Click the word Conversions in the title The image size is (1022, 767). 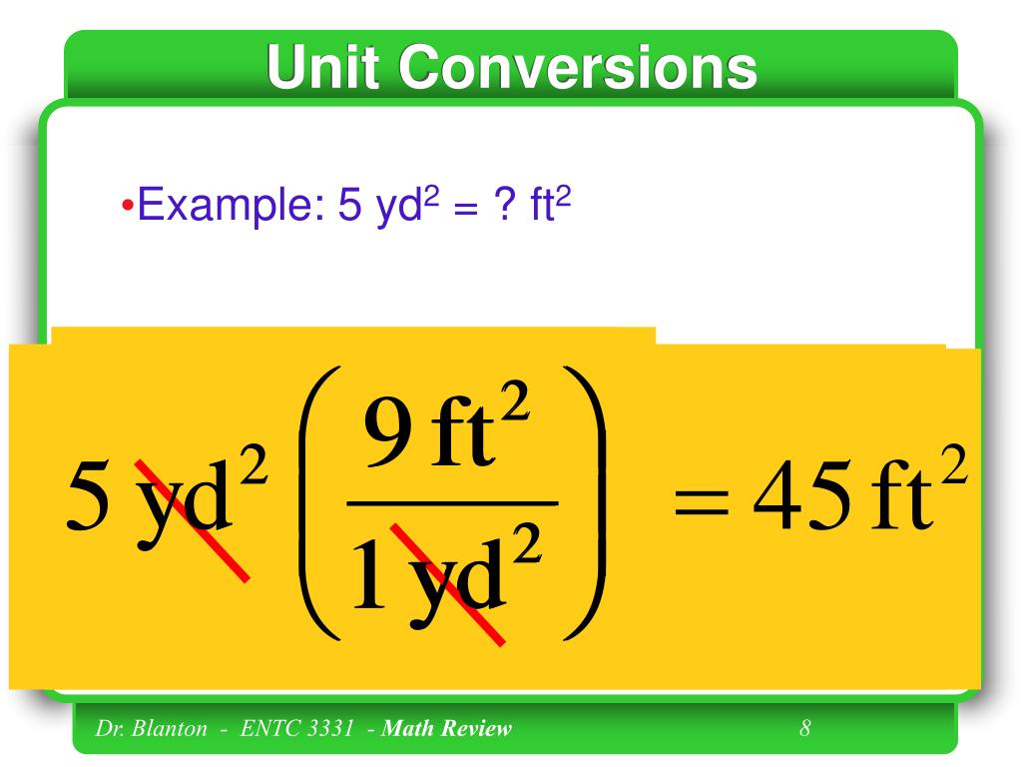[577, 69]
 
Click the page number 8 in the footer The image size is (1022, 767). [804, 729]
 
